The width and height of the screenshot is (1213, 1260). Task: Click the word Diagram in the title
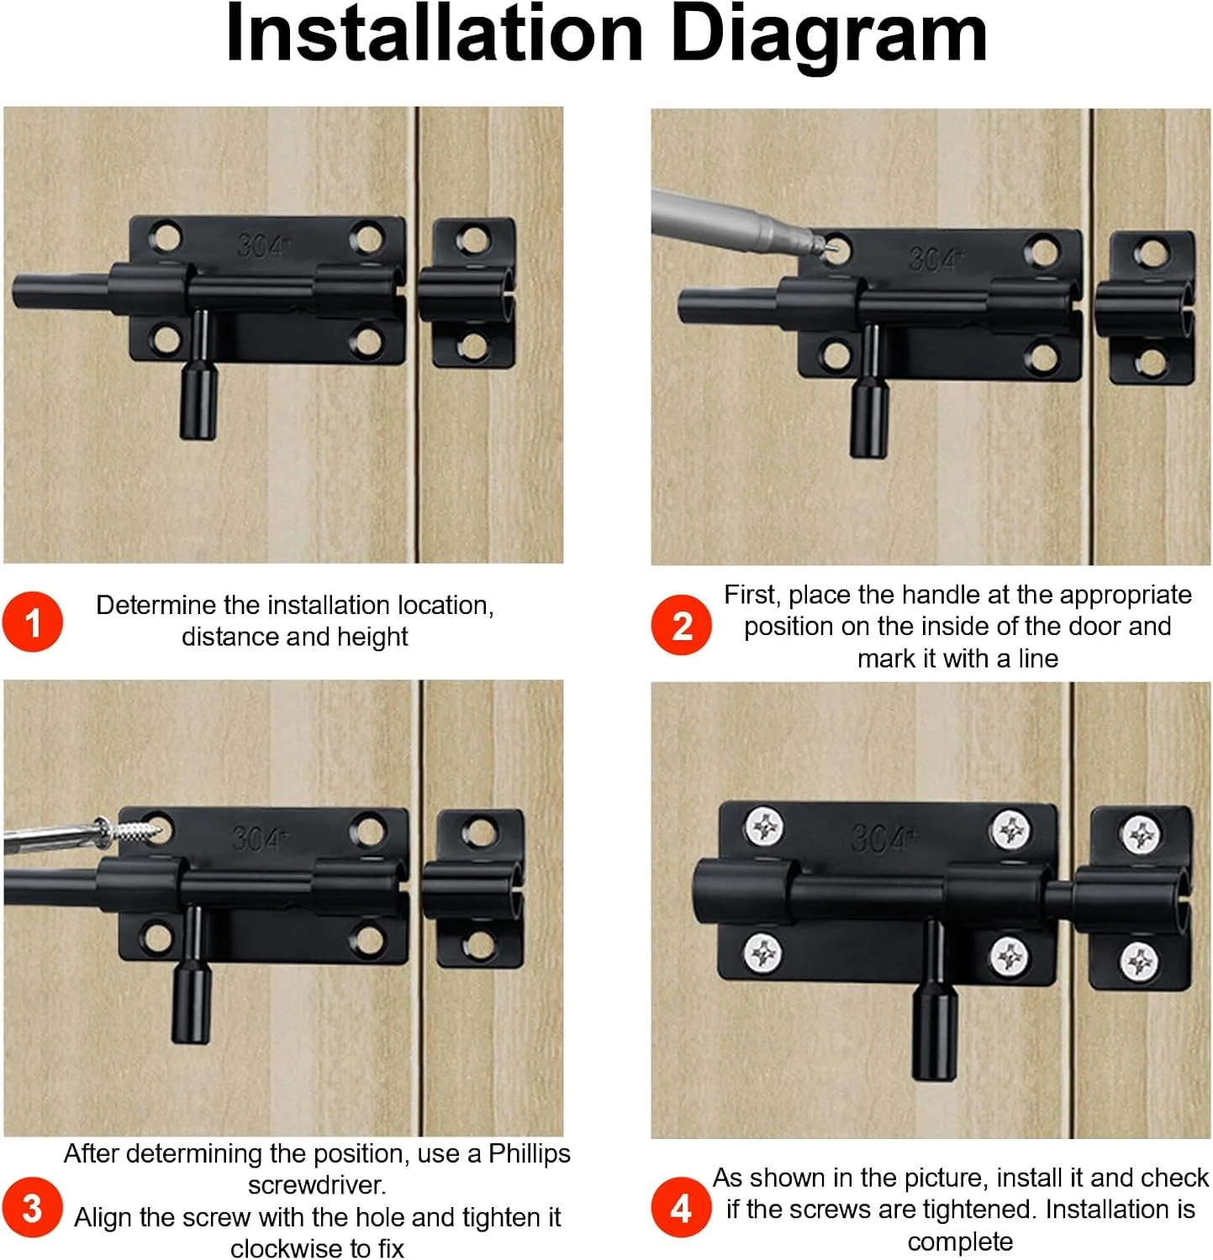pos(828,35)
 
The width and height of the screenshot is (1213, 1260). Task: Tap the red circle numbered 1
pos(32,622)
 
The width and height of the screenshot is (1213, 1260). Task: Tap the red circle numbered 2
pos(682,625)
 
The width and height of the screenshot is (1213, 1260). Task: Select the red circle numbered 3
pos(32,1208)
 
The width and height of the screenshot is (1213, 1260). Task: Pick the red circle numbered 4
pos(682,1208)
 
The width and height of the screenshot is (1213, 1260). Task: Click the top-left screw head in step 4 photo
pos(764,827)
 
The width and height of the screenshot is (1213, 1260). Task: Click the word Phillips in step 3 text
pos(530,1153)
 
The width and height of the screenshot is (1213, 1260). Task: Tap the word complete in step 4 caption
pos(960,1242)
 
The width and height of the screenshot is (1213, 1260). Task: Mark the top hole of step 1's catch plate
pos(473,241)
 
